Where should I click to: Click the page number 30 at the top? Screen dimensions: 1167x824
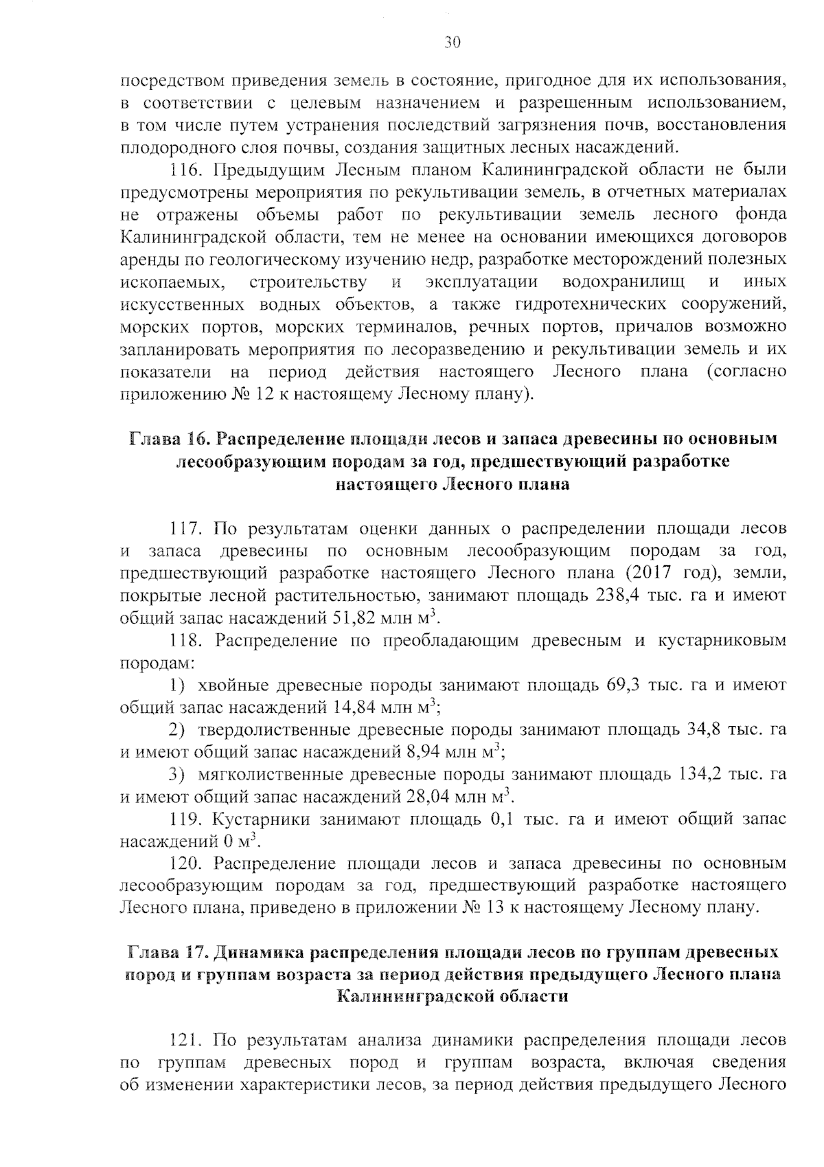(x=451, y=43)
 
